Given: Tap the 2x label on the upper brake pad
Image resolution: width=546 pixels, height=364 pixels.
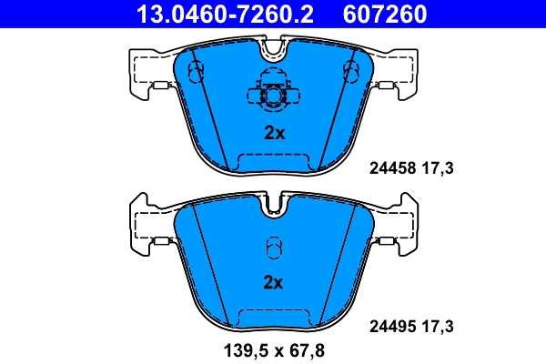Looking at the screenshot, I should point(274,133).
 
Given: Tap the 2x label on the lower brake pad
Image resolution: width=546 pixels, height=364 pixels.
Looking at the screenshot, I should point(274,282).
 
